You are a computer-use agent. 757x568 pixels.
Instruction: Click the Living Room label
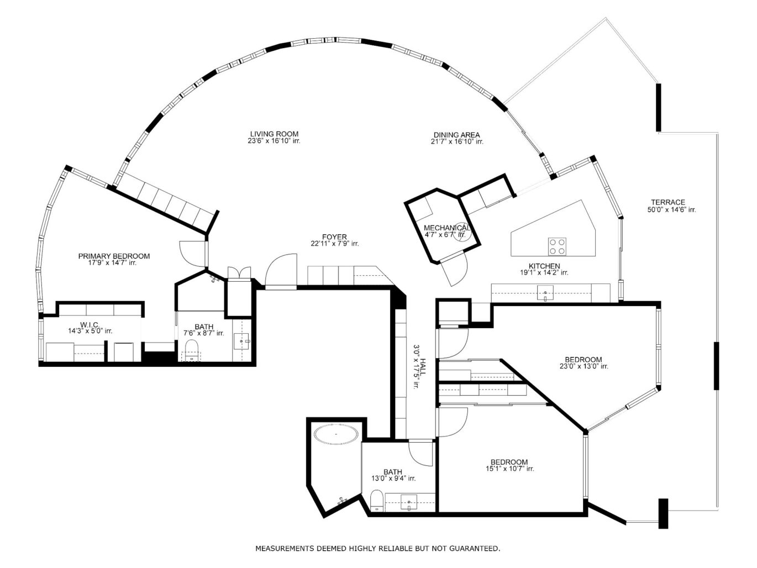point(274,134)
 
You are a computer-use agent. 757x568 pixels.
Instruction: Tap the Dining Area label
point(456,135)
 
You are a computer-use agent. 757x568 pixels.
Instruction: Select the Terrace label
point(667,202)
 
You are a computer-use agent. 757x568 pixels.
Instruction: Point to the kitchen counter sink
point(545,293)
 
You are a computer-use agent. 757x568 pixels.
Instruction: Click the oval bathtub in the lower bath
point(336,434)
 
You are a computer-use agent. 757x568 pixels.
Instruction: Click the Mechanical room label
point(447,228)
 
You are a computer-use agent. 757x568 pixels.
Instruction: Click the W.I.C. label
point(90,324)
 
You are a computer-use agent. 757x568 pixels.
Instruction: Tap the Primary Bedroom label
point(114,256)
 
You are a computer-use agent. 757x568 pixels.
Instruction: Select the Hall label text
point(423,367)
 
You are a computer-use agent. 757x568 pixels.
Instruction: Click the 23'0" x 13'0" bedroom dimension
point(583,366)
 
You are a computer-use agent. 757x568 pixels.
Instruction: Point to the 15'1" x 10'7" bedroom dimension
point(509,469)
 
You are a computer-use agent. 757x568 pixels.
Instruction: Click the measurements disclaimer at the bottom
point(377,549)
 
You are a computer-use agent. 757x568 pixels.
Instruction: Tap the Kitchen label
point(544,266)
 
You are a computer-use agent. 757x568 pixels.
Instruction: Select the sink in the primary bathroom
point(241,341)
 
